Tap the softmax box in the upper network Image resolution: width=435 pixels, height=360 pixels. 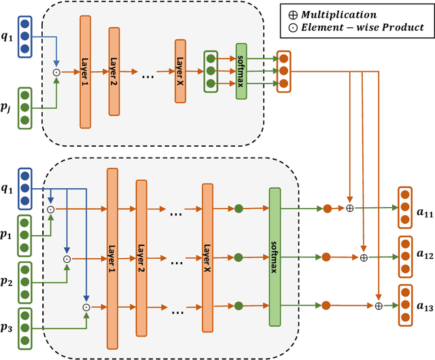point(241,71)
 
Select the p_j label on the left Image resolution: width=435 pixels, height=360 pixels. point(10,107)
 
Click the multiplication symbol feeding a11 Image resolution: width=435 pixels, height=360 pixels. point(350,208)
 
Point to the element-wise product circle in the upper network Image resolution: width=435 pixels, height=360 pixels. point(56,71)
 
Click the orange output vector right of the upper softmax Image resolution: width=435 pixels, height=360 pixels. point(283,71)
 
